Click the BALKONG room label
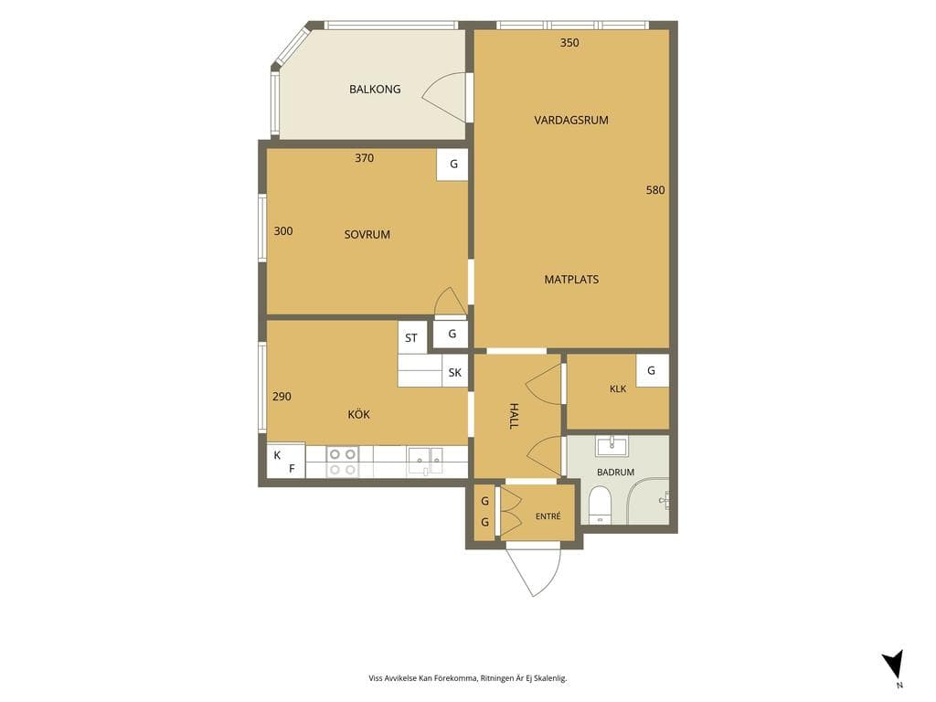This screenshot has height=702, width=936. [x=375, y=90]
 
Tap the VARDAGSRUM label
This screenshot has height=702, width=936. [x=571, y=120]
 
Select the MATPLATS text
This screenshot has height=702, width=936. [x=571, y=280]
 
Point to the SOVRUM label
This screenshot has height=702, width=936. [x=367, y=235]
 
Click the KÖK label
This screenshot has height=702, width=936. [x=358, y=414]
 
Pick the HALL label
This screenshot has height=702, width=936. [x=514, y=416]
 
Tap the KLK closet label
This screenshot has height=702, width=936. [x=618, y=388]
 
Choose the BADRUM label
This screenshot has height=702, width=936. [x=615, y=473]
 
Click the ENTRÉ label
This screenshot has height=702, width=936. [x=548, y=516]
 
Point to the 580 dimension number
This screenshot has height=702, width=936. [x=655, y=190]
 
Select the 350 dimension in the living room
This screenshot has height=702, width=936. [x=569, y=43]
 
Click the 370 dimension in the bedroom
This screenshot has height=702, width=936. [x=364, y=158]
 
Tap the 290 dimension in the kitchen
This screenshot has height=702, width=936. [x=282, y=397]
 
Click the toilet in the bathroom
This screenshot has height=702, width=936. [x=600, y=505]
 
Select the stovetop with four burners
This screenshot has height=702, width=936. [x=342, y=462]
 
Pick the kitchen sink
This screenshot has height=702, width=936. [x=426, y=462]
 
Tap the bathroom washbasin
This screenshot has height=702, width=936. [x=612, y=445]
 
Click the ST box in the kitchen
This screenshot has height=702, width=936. [x=412, y=338]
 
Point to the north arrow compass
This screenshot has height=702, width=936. [x=894, y=665]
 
